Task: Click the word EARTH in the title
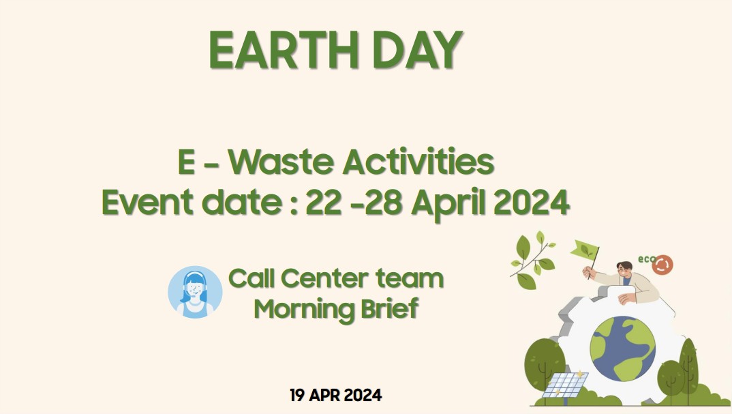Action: click(284, 50)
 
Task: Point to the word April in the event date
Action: click(448, 204)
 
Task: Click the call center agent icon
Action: click(195, 293)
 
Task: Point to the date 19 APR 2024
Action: click(335, 396)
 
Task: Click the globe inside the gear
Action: click(622, 349)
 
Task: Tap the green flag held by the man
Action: click(584, 250)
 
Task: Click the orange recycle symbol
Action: click(663, 265)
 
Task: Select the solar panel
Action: click(565, 384)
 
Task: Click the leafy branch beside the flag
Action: click(532, 260)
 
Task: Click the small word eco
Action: click(647, 259)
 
